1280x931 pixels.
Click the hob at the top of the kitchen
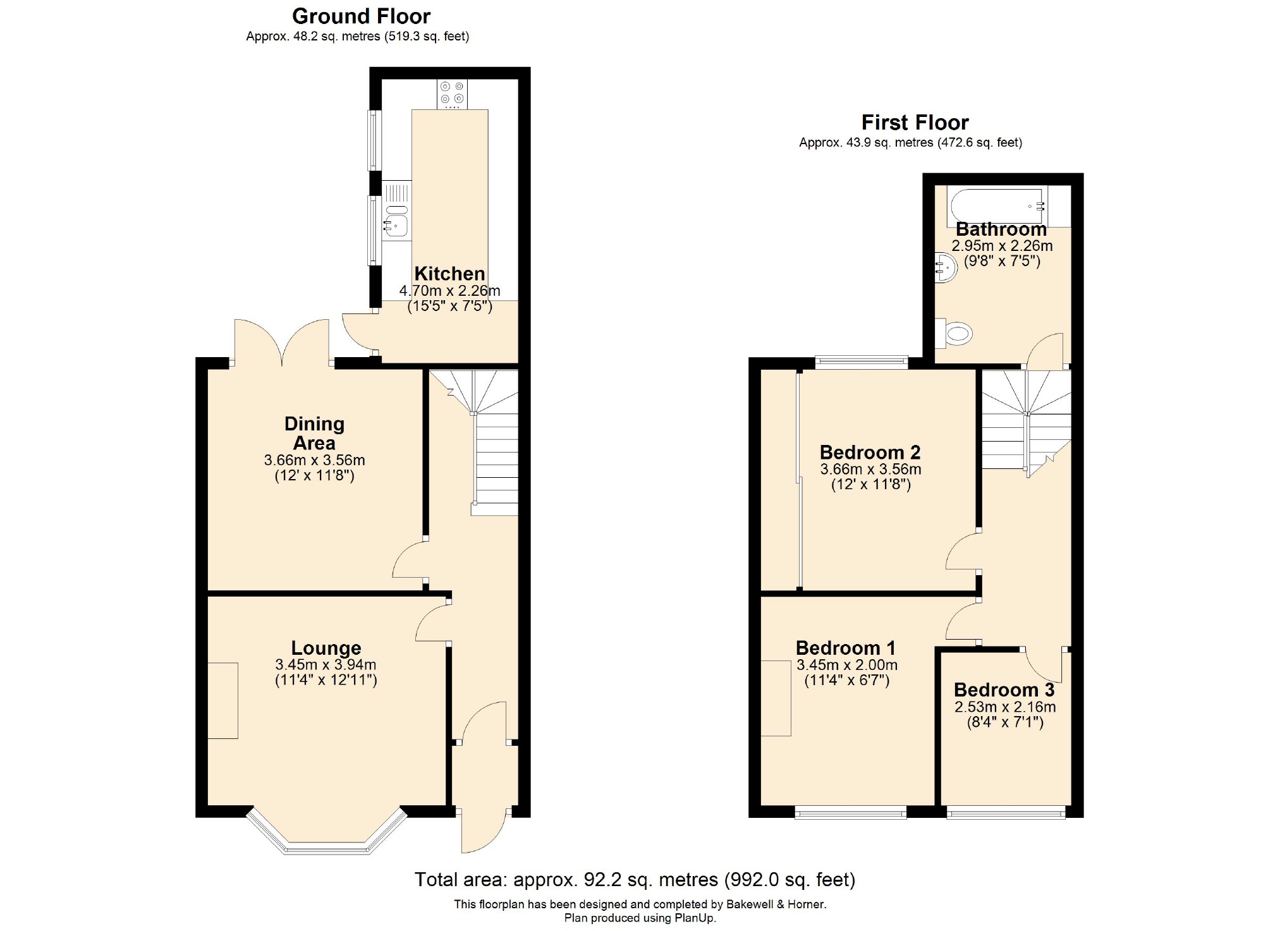pyautogui.click(x=452, y=94)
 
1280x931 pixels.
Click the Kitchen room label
pyautogui.click(x=449, y=274)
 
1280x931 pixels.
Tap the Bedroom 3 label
pyautogui.click(x=1004, y=690)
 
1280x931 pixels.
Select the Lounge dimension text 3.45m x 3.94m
pyautogui.click(x=326, y=665)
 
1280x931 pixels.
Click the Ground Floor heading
pyautogui.click(x=361, y=16)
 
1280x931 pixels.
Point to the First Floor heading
pyautogui.click(x=915, y=122)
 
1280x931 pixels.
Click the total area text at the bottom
pyautogui.click(x=635, y=879)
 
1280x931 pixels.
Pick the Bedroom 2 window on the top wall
pyautogui.click(x=861, y=362)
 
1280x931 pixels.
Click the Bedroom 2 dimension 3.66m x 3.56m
pyautogui.click(x=870, y=470)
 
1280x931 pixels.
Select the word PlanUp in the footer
pyautogui.click(x=693, y=918)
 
